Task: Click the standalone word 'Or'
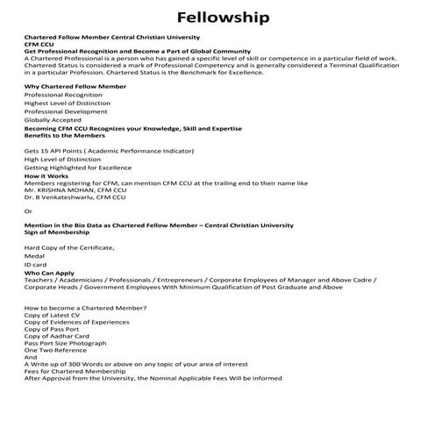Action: click(28, 211)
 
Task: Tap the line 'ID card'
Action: click(35, 265)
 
